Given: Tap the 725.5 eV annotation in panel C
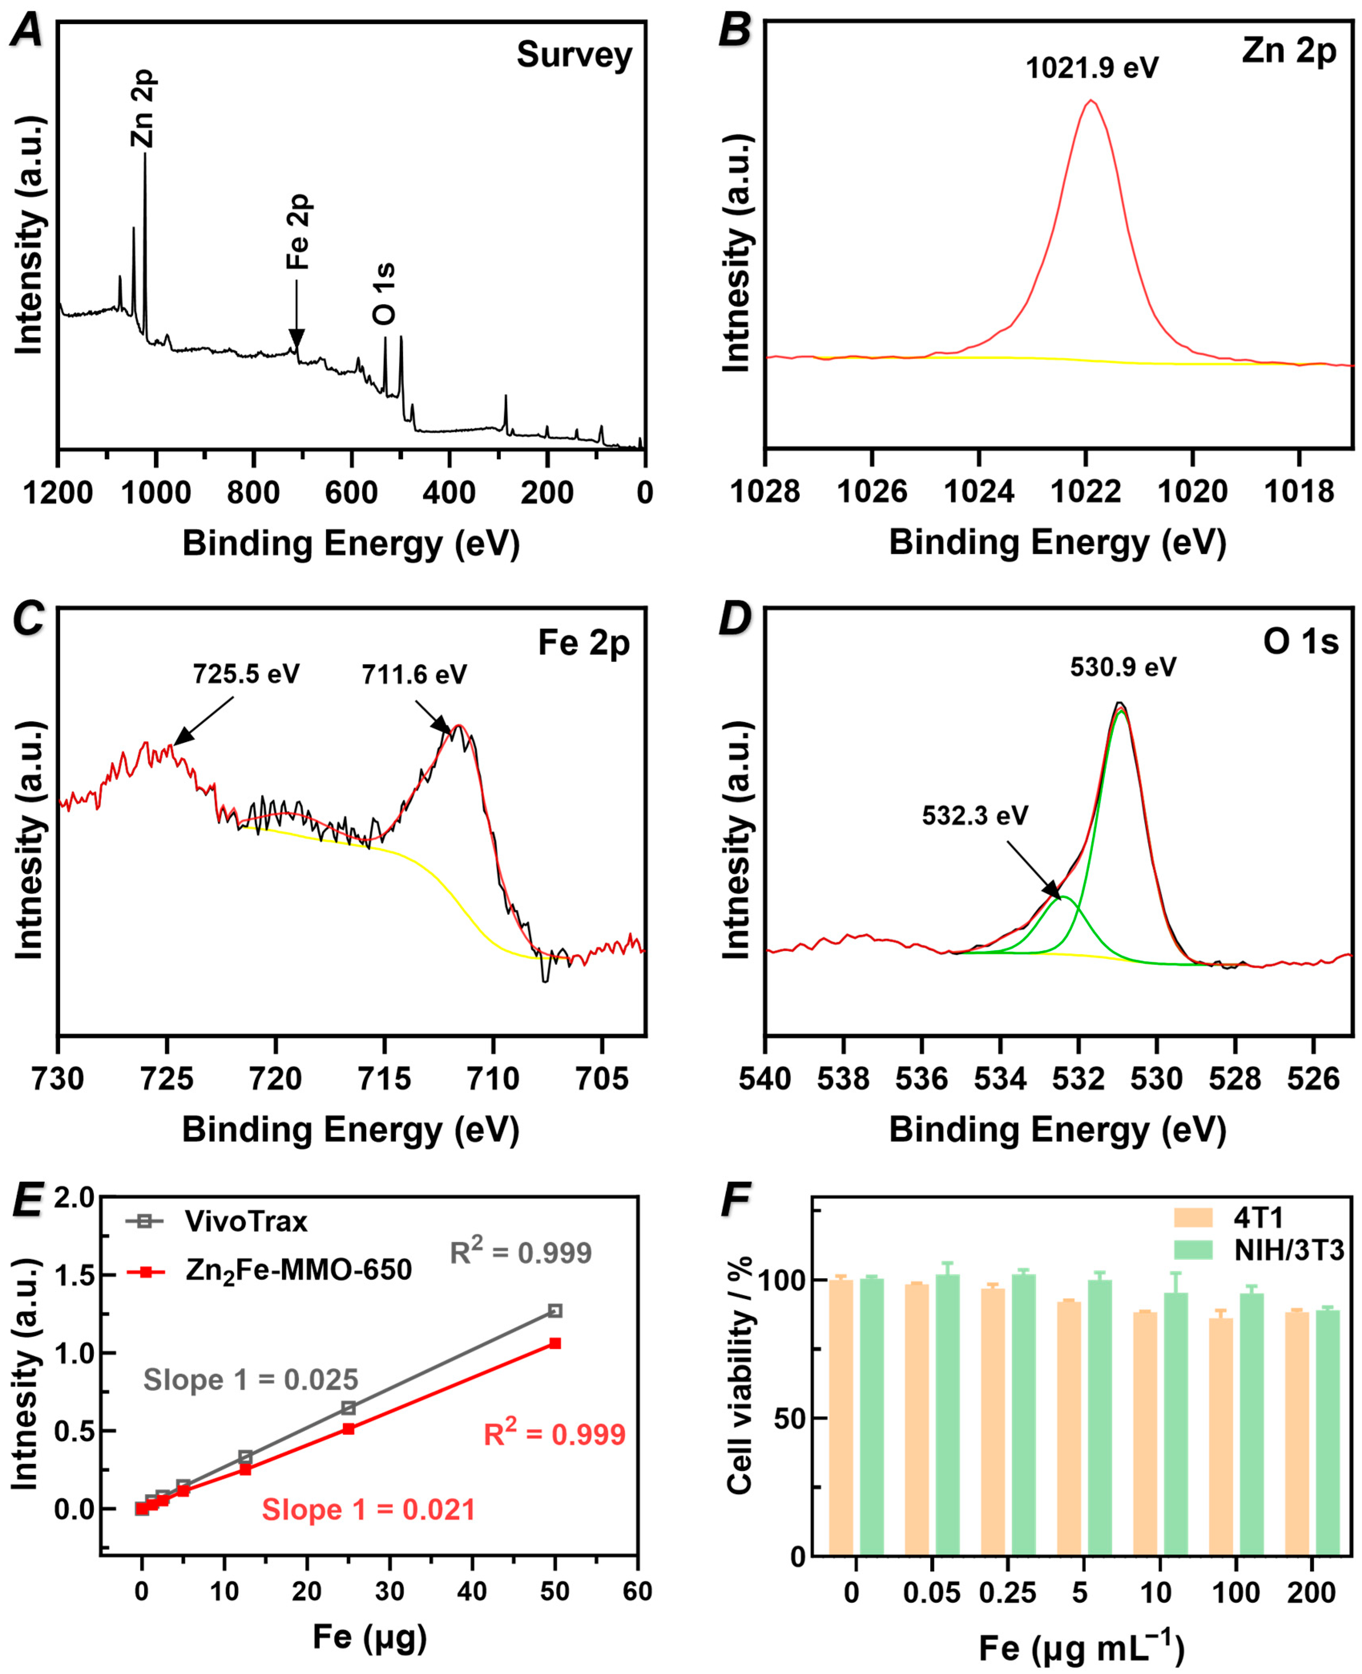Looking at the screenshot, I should pyautogui.click(x=246, y=674).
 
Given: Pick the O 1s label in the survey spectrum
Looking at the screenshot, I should pyautogui.click(x=384, y=294).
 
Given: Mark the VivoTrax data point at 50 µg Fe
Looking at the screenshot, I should pyautogui.click(x=555, y=1311).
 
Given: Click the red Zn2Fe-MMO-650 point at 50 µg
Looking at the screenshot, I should pyautogui.click(x=555, y=1344).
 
